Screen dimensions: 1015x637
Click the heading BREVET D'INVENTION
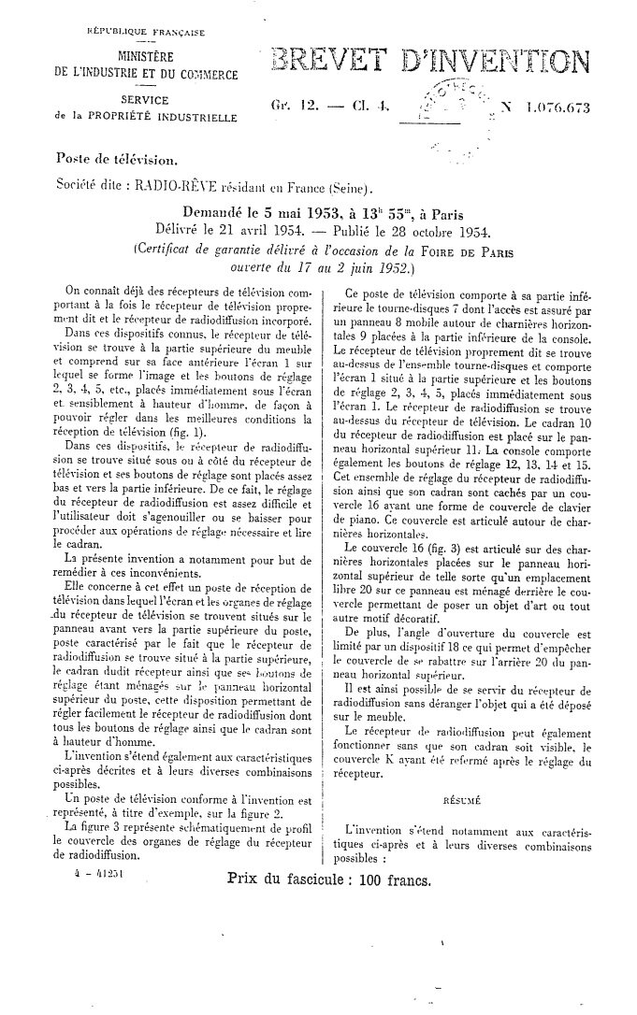point(428,64)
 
